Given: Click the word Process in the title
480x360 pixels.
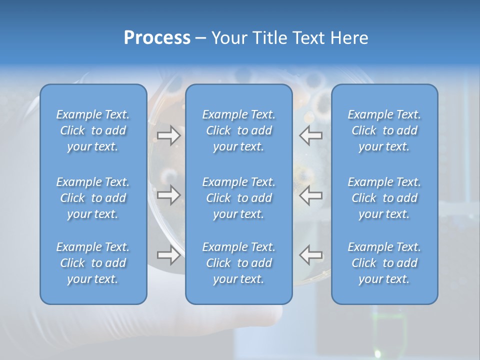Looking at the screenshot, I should [x=157, y=38].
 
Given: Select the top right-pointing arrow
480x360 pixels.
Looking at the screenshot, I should [x=168, y=135].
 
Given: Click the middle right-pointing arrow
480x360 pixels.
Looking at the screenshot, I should [x=168, y=195].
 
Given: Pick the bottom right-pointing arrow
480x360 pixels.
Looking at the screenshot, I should [x=168, y=255].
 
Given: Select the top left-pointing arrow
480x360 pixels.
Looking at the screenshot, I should [x=311, y=135].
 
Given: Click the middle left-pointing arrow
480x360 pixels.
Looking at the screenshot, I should [x=311, y=195].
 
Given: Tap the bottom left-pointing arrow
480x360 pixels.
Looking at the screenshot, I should [x=311, y=255].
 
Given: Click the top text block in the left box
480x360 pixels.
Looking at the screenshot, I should [x=93, y=130].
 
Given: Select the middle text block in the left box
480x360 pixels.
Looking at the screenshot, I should [x=93, y=198].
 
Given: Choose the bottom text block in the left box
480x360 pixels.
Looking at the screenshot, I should [x=93, y=263].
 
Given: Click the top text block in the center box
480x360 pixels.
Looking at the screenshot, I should [x=239, y=130].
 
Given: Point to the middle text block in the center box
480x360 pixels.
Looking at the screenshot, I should [x=239, y=198].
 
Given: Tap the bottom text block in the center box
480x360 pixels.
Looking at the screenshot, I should [x=239, y=263].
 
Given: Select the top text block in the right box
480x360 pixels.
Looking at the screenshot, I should [x=384, y=130].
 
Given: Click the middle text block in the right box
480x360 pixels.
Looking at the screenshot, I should [x=384, y=198].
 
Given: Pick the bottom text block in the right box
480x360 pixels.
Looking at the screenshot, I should [x=384, y=263].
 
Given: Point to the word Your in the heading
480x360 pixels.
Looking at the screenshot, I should [x=227, y=38].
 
